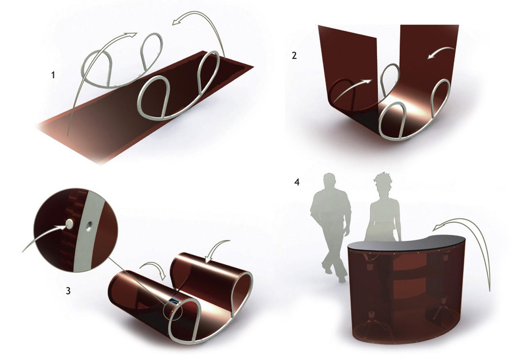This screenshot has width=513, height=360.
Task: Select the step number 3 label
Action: (x=68, y=291)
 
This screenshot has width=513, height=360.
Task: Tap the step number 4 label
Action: (x=297, y=183)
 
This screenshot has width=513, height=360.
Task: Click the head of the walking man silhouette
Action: (x=329, y=180)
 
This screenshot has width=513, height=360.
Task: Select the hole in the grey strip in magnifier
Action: (x=88, y=226)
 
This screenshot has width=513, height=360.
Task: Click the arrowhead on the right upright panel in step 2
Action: (x=431, y=56)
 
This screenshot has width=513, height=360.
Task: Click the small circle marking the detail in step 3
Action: (x=172, y=310)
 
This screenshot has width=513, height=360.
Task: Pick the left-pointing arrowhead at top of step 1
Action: (x=176, y=22)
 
